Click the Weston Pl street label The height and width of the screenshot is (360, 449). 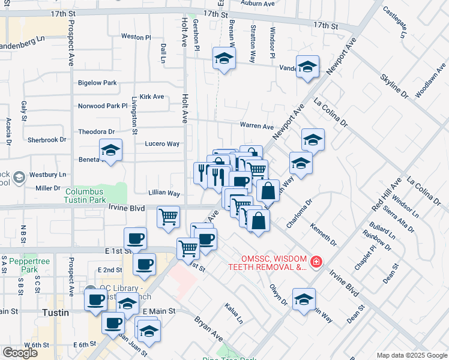[x=136, y=37]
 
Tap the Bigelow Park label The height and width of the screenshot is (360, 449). [x=97, y=83]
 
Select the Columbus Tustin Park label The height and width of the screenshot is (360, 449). [x=94, y=194]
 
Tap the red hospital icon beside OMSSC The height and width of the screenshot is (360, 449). [x=316, y=262]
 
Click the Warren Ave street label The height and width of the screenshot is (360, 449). [x=257, y=126]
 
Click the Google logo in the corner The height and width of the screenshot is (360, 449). [x=20, y=353]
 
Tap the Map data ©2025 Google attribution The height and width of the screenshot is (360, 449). [x=412, y=355]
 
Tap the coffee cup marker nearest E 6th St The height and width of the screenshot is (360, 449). [x=112, y=323]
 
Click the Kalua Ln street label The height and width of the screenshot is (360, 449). [x=234, y=314]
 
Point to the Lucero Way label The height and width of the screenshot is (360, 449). [x=162, y=144]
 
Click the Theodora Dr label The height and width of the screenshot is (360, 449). [x=96, y=131]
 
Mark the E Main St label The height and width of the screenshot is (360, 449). [x=159, y=311]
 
